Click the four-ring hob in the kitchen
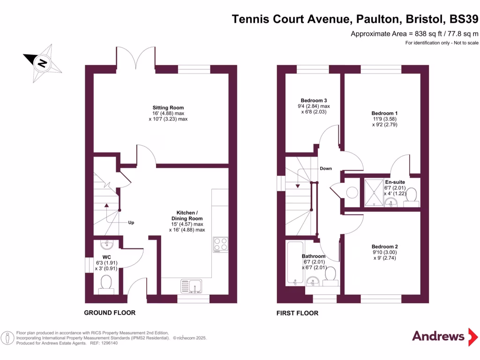[x=221, y=244]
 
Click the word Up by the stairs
[x=132, y=223]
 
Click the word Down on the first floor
[x=326, y=168]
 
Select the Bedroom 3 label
[x=314, y=100]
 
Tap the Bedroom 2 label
[x=384, y=247]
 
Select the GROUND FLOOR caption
[x=110, y=313]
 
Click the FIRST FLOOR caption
[x=298, y=313]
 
